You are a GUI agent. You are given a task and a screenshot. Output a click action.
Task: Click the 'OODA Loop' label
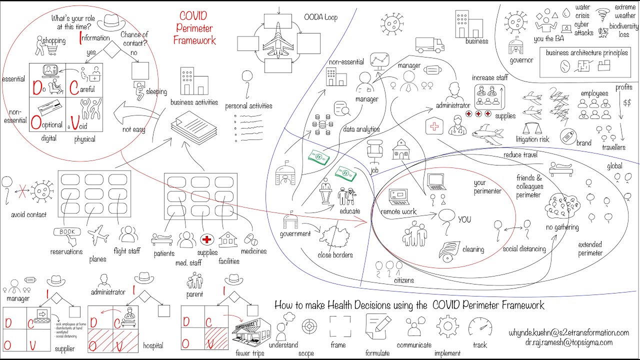coord(320,17)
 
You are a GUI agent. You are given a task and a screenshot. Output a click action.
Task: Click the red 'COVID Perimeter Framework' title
coord(195,27)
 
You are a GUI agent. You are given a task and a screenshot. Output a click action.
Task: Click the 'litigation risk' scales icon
coord(532,125)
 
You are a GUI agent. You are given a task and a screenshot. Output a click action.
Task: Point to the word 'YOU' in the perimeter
coord(464,219)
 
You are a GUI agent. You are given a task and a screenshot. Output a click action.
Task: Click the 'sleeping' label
coord(156,92)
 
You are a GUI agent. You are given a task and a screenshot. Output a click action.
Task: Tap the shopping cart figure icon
coord(44,45)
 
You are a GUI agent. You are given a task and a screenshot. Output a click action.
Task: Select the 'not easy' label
coord(133,129)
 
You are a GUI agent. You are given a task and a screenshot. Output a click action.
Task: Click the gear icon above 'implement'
coord(447,327)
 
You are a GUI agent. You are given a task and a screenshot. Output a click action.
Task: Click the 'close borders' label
coord(335,255)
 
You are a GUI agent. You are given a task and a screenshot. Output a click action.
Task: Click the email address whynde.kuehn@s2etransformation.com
coord(568,332)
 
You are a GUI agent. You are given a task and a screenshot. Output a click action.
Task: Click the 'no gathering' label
coord(562,227)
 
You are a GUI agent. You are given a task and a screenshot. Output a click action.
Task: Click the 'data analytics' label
coord(361,129)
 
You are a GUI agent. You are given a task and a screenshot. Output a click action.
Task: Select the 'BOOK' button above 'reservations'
coord(67,232)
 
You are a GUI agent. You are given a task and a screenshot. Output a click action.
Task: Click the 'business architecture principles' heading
coord(586,52)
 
